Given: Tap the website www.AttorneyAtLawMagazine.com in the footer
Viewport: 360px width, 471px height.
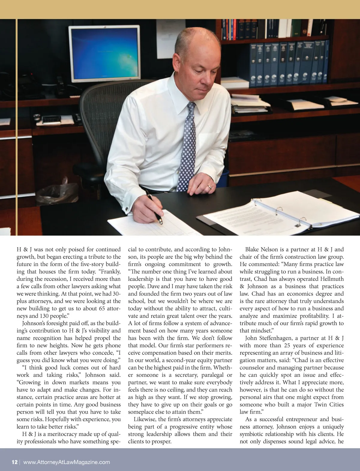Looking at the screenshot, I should [66, 462].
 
